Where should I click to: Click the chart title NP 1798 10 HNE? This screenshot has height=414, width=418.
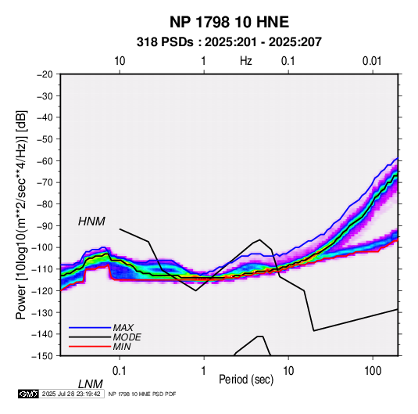pyautogui.click(x=229, y=22)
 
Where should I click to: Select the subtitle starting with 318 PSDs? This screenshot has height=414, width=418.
pyautogui.click(x=229, y=42)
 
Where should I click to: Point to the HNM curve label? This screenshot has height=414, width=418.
pyautogui.click(x=91, y=221)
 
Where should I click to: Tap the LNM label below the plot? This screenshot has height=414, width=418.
pyautogui.click(x=90, y=384)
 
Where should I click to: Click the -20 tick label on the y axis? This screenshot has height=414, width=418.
pyautogui.click(x=45, y=74)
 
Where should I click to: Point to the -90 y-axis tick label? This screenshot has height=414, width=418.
pyautogui.click(x=45, y=225)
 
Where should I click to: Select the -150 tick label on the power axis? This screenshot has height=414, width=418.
pyautogui.click(x=42, y=356)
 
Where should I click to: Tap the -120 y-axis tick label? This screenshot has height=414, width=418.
pyautogui.click(x=42, y=290)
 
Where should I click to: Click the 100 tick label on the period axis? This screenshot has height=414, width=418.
pyautogui.click(x=373, y=371)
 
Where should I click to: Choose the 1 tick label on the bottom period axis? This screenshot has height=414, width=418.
pyautogui.click(x=204, y=371)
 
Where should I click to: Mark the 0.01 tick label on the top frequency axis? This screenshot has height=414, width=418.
pyautogui.click(x=372, y=61)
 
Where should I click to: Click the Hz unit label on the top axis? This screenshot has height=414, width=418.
pyautogui.click(x=246, y=61)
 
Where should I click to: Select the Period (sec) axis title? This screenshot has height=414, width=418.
pyautogui.click(x=246, y=380)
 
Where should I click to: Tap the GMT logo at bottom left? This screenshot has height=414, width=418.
pyautogui.click(x=29, y=394)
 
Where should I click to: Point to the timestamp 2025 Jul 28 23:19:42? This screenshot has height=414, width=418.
pyautogui.click(x=71, y=394)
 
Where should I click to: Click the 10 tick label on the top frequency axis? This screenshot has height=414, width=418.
pyautogui.click(x=120, y=61)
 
